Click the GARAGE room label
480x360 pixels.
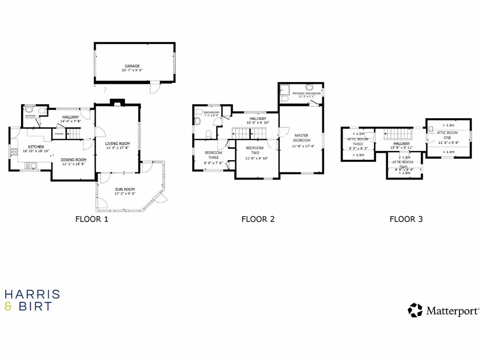(x=132, y=66)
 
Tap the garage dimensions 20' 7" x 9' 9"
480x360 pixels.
(x=132, y=70)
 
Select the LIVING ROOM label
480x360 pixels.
(x=117, y=143)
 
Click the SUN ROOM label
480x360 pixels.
(x=124, y=189)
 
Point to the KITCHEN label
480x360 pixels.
(x=36, y=147)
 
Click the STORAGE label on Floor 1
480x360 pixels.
(x=59, y=135)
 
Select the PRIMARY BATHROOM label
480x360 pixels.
(x=307, y=94)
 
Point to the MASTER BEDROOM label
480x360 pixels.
(x=301, y=138)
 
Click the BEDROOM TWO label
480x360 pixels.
(x=255, y=150)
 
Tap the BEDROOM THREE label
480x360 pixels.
(x=213, y=155)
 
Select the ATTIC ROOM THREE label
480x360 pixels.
(x=358, y=142)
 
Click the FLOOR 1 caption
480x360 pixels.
(x=92, y=219)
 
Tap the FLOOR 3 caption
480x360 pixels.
(x=406, y=219)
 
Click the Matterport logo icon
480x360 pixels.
(x=415, y=310)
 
